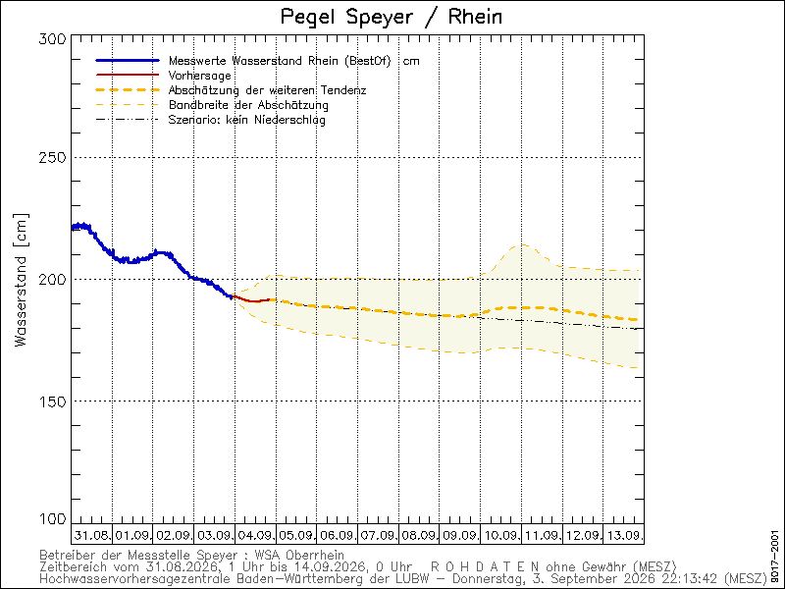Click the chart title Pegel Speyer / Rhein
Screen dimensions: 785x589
pyautogui.click(x=392, y=17)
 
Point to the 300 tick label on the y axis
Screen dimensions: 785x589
pyautogui.click(x=52, y=39)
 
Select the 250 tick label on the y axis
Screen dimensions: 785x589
pyautogui.click(x=52, y=157)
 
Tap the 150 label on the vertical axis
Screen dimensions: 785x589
pyautogui.click(x=52, y=402)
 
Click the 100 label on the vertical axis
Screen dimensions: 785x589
pyautogui.click(x=52, y=519)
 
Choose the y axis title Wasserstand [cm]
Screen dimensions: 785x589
pyautogui.click(x=21, y=281)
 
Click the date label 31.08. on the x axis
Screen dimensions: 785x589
pyautogui.click(x=92, y=535)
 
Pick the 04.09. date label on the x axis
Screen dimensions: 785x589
pyautogui.click(x=255, y=535)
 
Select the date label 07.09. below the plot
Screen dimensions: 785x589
pyautogui.click(x=378, y=535)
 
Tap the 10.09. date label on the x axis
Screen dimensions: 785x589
pyautogui.click(x=500, y=535)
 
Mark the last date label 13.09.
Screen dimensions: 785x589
pyautogui.click(x=624, y=535)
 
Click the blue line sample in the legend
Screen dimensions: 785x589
pyautogui.click(x=128, y=61)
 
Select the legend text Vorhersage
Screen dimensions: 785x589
pyautogui.click(x=200, y=76)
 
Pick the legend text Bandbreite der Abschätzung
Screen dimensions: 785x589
pyautogui.click(x=248, y=105)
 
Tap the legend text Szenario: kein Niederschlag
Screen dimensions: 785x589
pyautogui.click(x=247, y=120)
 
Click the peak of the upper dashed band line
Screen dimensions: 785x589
pyautogui.click(x=523, y=244)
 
